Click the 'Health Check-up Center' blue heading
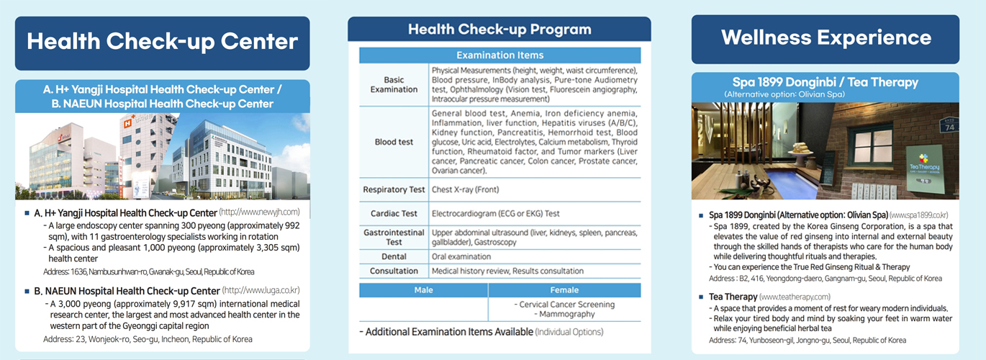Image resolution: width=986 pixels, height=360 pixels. pos(162,41)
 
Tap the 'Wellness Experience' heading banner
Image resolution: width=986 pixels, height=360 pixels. pos(826,37)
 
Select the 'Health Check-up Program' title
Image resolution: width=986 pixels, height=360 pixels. pos(499,30)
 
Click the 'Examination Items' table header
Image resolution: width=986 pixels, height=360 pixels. pos(499,55)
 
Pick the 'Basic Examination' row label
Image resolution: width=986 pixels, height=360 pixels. pos(394,84)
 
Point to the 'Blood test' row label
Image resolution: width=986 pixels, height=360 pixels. pos(394,142)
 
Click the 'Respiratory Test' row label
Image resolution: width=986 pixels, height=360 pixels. pos(394,190)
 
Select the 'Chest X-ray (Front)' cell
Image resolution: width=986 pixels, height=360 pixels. pos(465,190)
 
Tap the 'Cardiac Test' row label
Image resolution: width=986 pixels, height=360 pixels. pos(394,213)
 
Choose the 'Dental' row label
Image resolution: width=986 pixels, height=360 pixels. pos(394,256)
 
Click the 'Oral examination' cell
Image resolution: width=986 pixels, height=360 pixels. pos(461,256)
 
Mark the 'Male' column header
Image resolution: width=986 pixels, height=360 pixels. pos(423,289)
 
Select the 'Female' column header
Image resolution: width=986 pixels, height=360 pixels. pos(564,289)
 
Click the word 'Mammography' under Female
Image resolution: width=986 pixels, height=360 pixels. pos(565,314)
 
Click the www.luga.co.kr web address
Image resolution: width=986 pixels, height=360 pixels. pos(261,290)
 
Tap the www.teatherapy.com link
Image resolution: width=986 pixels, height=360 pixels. pos(795,297)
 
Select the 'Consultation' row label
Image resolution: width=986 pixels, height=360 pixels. pos(394,271)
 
